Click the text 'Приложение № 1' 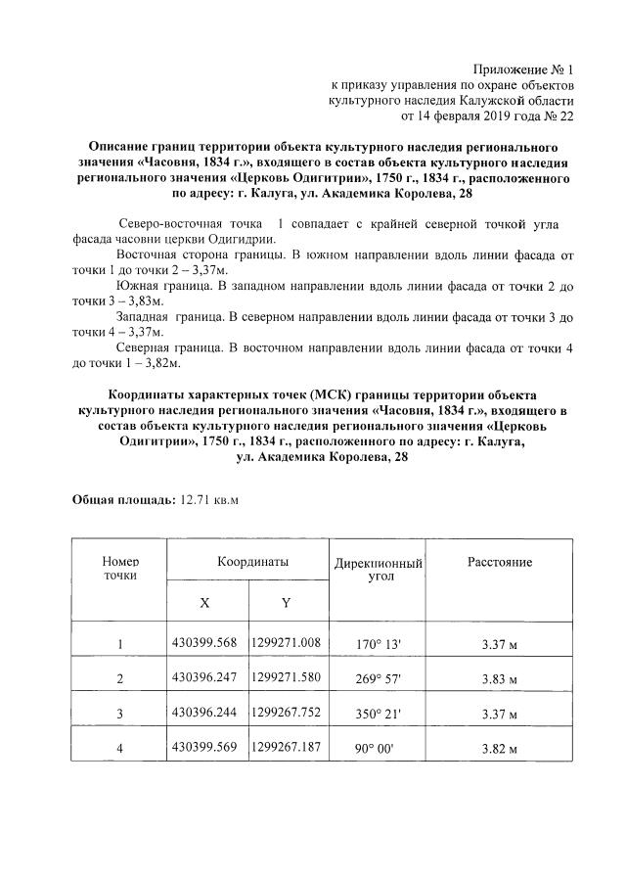pyautogui.click(x=522, y=69)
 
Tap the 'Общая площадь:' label pyautogui.click(x=122, y=500)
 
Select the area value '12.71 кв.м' pyautogui.click(x=209, y=500)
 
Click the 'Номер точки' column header pyautogui.click(x=120, y=569)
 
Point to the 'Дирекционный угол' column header pyautogui.click(x=379, y=571)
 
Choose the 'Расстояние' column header pyautogui.click(x=499, y=563)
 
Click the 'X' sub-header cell pyautogui.click(x=204, y=603)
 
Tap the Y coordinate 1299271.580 pyautogui.click(x=287, y=677)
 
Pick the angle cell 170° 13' pyautogui.click(x=379, y=644)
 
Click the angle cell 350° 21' pyautogui.click(x=379, y=714)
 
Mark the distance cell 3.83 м pyautogui.click(x=499, y=679)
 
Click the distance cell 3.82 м pyautogui.click(x=499, y=750)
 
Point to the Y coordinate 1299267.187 pyautogui.click(x=287, y=748)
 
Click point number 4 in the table pyautogui.click(x=120, y=750)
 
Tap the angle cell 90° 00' pyautogui.click(x=379, y=750)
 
